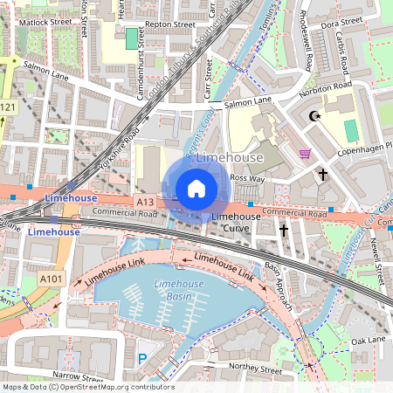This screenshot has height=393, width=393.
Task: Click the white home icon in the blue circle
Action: tap(196, 188)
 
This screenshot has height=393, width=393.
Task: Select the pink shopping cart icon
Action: tap(305, 154)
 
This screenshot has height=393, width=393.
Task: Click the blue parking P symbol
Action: tap(142, 357)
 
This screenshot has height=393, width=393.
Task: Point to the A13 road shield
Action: tap(145, 202)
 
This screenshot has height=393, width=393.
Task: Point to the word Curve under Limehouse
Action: tap(236, 228)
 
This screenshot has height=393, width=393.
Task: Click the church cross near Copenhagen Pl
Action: tap(322, 175)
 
